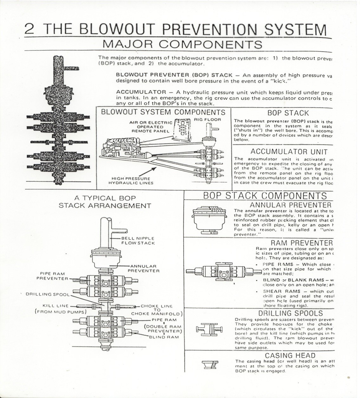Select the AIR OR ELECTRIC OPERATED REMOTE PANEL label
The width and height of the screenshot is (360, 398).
[151, 126]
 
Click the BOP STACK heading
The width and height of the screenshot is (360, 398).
[284, 113]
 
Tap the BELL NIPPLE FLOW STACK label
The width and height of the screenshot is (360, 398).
[138, 240]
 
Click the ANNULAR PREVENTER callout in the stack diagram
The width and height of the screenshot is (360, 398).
[143, 268]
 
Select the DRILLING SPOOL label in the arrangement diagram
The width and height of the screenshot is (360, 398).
[48, 294]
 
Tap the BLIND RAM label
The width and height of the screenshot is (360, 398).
[164, 337]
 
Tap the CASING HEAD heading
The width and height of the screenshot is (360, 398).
[290, 356]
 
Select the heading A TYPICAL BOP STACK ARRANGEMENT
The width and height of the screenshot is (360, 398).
[105, 202]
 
